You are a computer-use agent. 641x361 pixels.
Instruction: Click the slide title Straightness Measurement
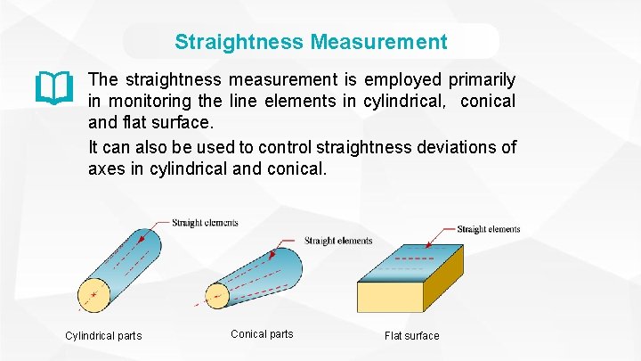click(311, 42)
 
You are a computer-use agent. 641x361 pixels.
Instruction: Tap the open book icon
click(53, 87)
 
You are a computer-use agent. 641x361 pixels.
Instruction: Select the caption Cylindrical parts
click(103, 336)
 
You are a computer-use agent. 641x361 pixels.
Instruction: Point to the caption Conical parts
click(262, 334)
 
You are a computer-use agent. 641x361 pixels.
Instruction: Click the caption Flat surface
click(411, 336)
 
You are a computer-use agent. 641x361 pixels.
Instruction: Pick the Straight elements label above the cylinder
click(205, 223)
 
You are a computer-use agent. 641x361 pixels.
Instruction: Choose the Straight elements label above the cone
click(338, 241)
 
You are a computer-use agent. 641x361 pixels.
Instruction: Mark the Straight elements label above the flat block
click(488, 229)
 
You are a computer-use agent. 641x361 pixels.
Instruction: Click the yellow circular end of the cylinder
click(93, 293)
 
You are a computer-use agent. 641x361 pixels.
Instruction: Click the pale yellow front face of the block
click(390, 296)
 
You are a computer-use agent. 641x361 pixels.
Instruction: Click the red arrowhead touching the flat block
click(429, 243)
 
